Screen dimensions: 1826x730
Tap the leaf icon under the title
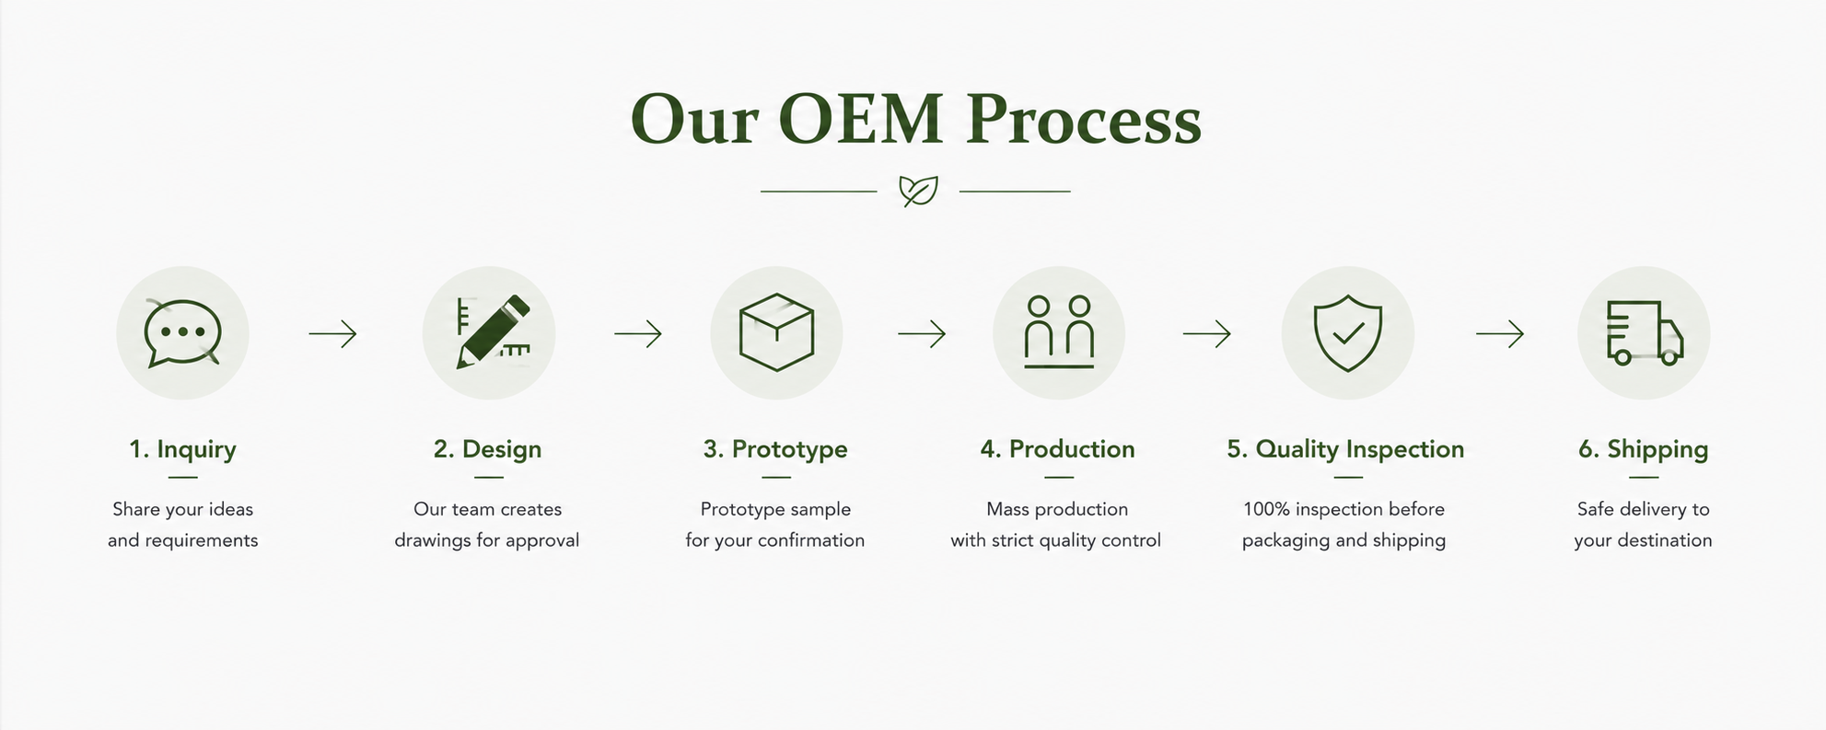click(x=918, y=191)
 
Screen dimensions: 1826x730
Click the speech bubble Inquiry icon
click(x=182, y=332)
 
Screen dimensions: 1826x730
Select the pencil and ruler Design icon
click(x=494, y=332)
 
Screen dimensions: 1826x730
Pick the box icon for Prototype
click(x=776, y=332)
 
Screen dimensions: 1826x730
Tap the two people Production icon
click(x=1059, y=332)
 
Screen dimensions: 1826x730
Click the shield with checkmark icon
click(x=1347, y=332)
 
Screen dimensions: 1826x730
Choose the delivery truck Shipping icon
click(x=1645, y=332)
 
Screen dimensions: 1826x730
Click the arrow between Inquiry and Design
click(x=332, y=333)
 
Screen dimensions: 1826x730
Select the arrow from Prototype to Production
click(x=922, y=333)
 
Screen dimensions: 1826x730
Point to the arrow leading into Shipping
click(x=1500, y=333)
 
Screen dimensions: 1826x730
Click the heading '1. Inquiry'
click(x=182, y=449)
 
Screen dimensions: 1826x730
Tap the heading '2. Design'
click(x=487, y=449)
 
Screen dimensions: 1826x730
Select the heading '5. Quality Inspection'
click(x=1345, y=449)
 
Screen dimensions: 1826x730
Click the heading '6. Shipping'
click(x=1644, y=449)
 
